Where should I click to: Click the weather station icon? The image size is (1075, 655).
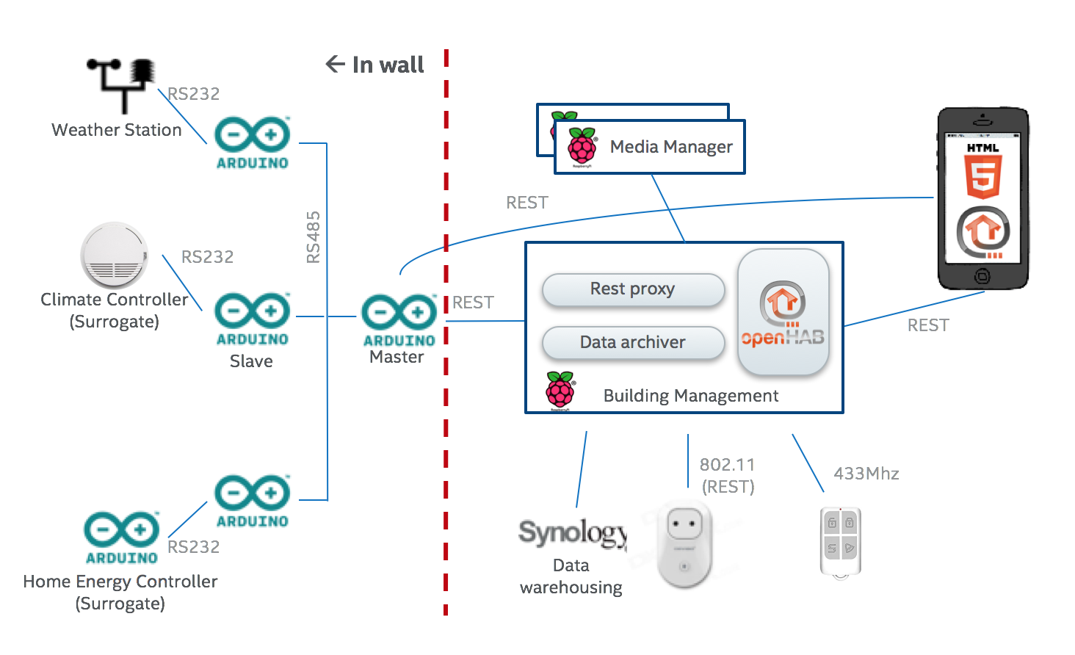(122, 84)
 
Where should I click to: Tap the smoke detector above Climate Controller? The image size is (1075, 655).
(114, 256)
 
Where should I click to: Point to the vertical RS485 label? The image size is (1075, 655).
(314, 236)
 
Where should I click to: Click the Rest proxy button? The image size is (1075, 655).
(633, 289)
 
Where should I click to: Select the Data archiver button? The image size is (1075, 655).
(633, 342)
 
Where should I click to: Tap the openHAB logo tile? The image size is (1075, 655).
(783, 313)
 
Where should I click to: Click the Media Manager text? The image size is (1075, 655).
(670, 147)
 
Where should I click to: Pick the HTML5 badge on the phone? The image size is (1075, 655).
(982, 171)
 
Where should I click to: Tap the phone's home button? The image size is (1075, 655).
(982, 276)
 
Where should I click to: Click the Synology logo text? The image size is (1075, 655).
(573, 532)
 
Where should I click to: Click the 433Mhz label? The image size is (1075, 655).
(866, 474)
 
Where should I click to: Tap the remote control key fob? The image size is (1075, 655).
(840, 542)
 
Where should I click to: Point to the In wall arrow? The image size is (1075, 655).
(335, 65)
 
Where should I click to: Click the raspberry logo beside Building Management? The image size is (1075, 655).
(560, 390)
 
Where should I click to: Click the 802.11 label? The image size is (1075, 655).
(727, 465)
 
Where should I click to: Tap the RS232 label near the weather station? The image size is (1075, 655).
(193, 94)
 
